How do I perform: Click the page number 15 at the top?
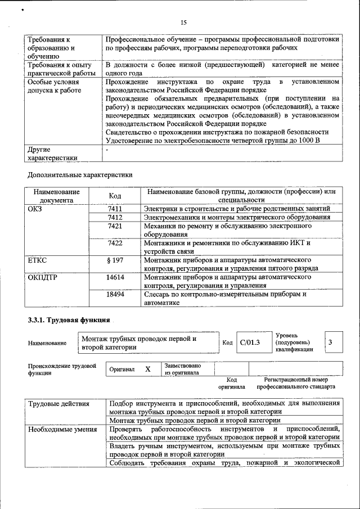[183, 23]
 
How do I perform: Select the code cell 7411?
[115, 209]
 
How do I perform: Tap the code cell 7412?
[115, 217]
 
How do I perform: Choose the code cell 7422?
[115, 243]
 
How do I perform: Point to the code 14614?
[115, 277]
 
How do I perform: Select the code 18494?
[115, 294]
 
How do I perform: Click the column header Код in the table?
[115, 196]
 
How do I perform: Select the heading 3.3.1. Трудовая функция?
[69, 321]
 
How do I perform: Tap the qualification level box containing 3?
[330, 342]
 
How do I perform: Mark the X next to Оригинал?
[147, 369]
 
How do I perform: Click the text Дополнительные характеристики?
[79, 174]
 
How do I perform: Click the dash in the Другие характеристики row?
[107, 150]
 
